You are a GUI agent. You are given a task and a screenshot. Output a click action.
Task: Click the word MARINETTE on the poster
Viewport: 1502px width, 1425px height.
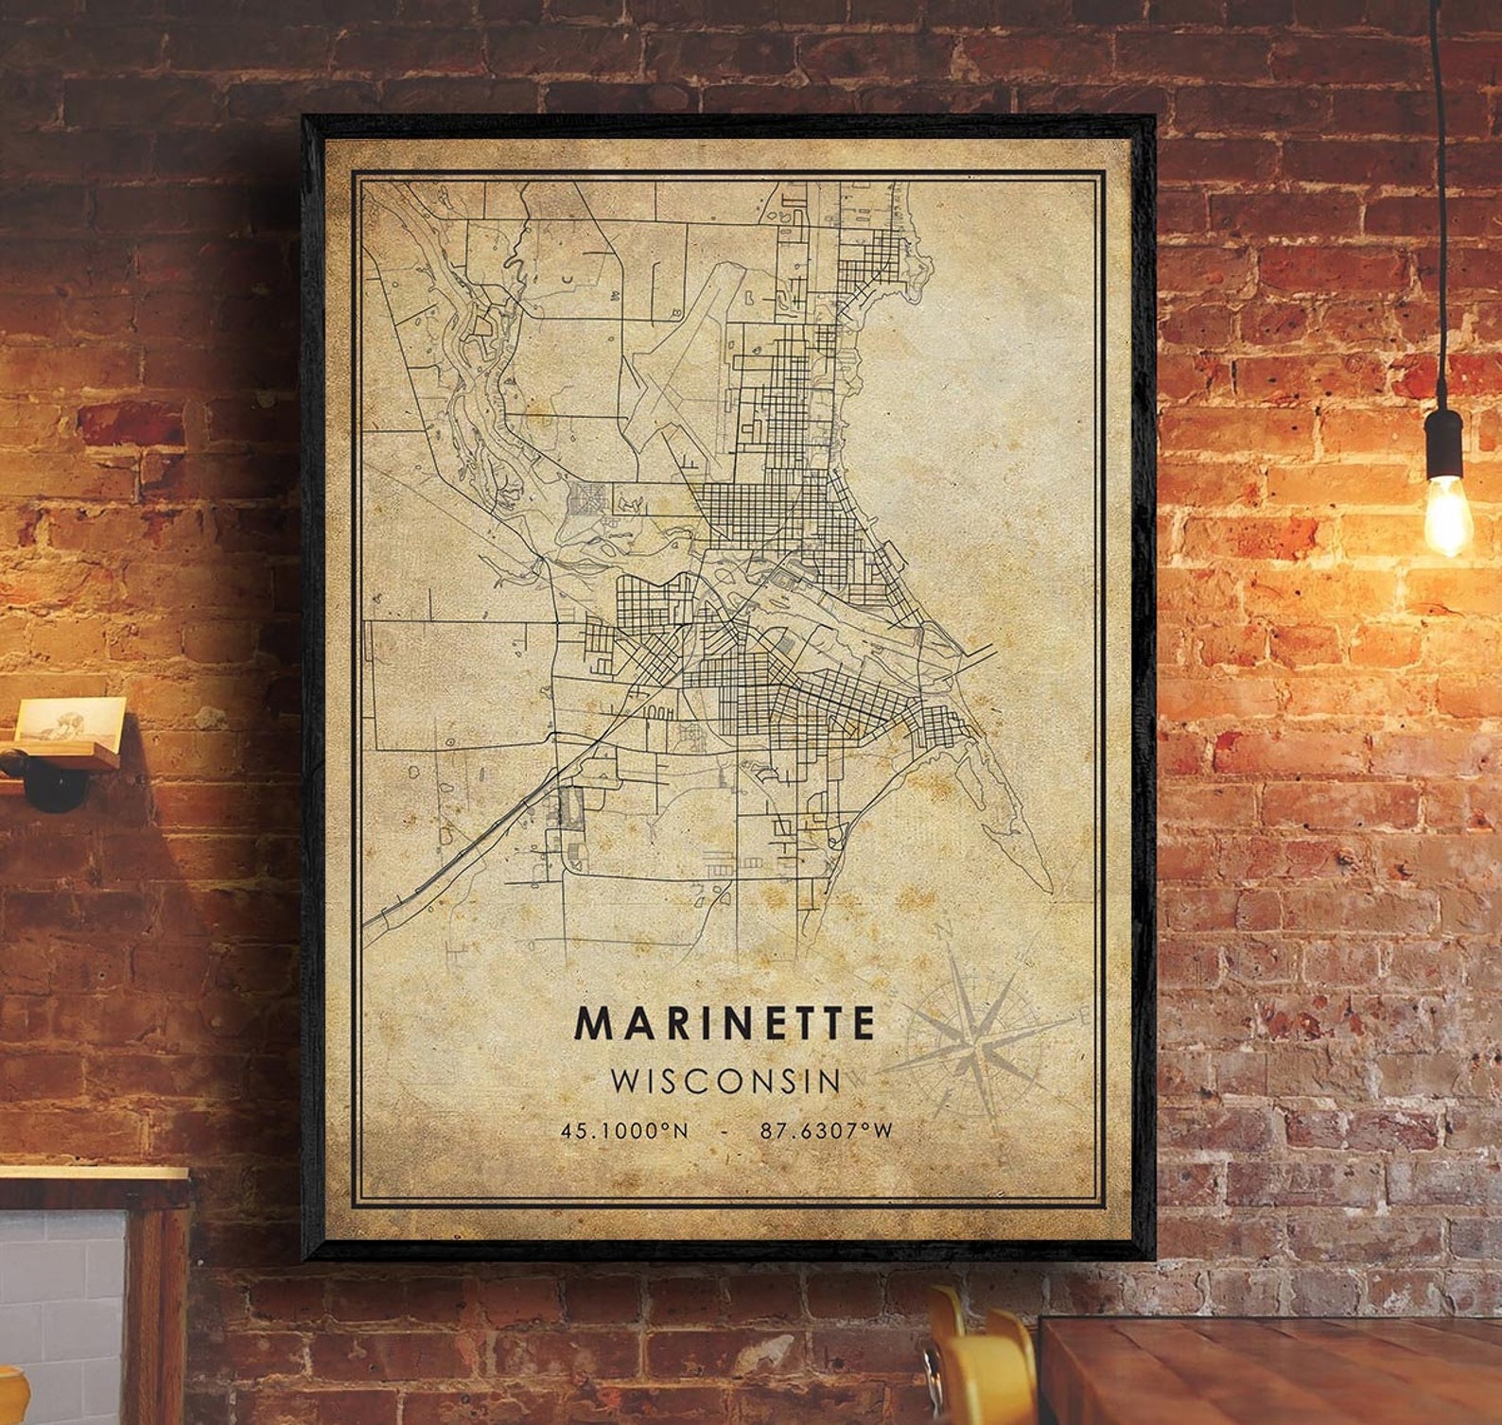(x=725, y=1023)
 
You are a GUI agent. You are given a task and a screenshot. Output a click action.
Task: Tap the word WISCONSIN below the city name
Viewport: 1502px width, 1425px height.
(x=725, y=1080)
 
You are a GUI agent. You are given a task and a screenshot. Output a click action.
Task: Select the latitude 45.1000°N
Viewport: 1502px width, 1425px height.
(x=624, y=1130)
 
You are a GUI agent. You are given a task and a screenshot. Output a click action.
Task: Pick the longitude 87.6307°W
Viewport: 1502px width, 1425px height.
(x=825, y=1130)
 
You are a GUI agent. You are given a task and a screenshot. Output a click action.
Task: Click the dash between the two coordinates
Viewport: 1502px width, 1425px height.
(x=724, y=1130)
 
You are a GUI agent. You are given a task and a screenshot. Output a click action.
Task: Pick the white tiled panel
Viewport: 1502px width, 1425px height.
(x=61, y=1314)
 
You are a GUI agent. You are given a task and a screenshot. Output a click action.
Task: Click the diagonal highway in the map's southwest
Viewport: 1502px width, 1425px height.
(x=473, y=842)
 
